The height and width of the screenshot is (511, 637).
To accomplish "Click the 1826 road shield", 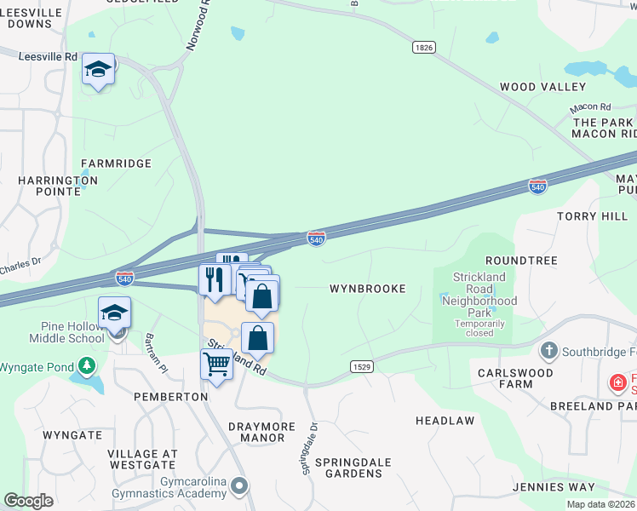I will coord(423,48).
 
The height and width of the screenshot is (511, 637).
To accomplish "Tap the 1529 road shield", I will coord(360,365).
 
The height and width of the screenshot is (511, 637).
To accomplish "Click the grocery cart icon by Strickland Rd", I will coord(217,365).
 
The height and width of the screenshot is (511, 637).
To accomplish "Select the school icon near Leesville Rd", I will coord(99,70).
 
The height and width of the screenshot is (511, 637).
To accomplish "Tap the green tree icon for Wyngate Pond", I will coord(86,366).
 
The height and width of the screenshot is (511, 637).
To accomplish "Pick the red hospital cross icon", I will coord(617,383).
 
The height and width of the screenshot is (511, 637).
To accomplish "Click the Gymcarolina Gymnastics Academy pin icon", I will coord(240,486).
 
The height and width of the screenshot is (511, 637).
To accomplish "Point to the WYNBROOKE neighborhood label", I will coord(367,289).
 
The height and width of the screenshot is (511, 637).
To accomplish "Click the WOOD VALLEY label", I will coord(542,87).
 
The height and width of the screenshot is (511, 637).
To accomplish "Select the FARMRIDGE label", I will coord(116,163).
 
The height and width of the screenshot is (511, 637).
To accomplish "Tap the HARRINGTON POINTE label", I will coord(58,187).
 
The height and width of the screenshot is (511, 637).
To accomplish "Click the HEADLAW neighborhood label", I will coord(445,422).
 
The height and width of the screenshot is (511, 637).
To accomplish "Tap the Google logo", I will coord(29,502).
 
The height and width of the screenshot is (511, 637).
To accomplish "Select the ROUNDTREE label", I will coord(520,261).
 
